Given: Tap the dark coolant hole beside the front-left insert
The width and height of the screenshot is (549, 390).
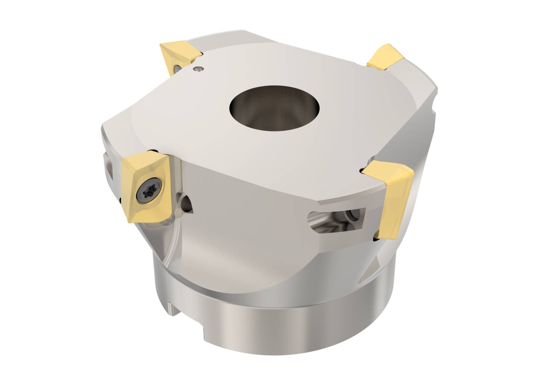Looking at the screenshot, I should tap(187, 202).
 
